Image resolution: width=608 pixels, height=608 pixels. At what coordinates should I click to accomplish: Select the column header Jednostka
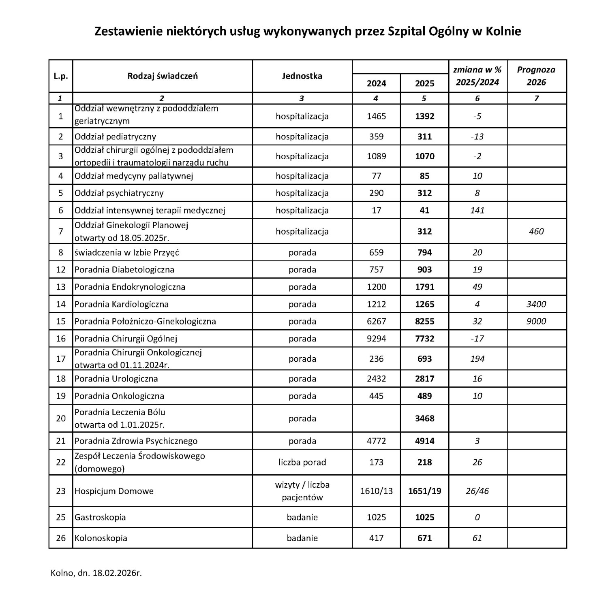302,76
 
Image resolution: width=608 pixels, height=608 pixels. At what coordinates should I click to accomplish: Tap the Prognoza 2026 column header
536,76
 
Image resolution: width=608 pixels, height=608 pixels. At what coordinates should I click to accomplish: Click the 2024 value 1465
376,116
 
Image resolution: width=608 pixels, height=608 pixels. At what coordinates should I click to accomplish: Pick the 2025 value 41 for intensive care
424,210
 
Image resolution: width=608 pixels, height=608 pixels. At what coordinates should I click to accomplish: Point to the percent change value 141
477,210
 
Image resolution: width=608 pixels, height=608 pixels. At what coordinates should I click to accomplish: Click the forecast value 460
536,231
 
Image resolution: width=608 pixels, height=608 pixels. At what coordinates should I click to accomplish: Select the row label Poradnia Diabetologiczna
124,269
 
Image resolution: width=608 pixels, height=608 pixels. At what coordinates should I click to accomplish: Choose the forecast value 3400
536,304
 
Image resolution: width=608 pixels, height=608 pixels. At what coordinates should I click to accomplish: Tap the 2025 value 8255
424,321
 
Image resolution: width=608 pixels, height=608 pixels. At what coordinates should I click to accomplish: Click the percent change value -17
477,338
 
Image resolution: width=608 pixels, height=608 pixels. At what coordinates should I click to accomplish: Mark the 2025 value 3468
424,418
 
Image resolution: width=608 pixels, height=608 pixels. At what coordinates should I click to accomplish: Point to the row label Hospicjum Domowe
114,491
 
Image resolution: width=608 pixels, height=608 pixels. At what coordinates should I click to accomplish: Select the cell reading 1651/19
424,491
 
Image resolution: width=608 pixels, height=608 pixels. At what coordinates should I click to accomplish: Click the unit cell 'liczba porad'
302,462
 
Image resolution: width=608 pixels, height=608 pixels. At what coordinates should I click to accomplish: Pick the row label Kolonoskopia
101,538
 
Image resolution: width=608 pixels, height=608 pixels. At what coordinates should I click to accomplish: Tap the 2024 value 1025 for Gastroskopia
376,517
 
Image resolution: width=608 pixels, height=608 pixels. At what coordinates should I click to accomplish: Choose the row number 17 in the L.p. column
61,358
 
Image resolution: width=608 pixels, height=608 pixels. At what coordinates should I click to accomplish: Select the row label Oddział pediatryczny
115,137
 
